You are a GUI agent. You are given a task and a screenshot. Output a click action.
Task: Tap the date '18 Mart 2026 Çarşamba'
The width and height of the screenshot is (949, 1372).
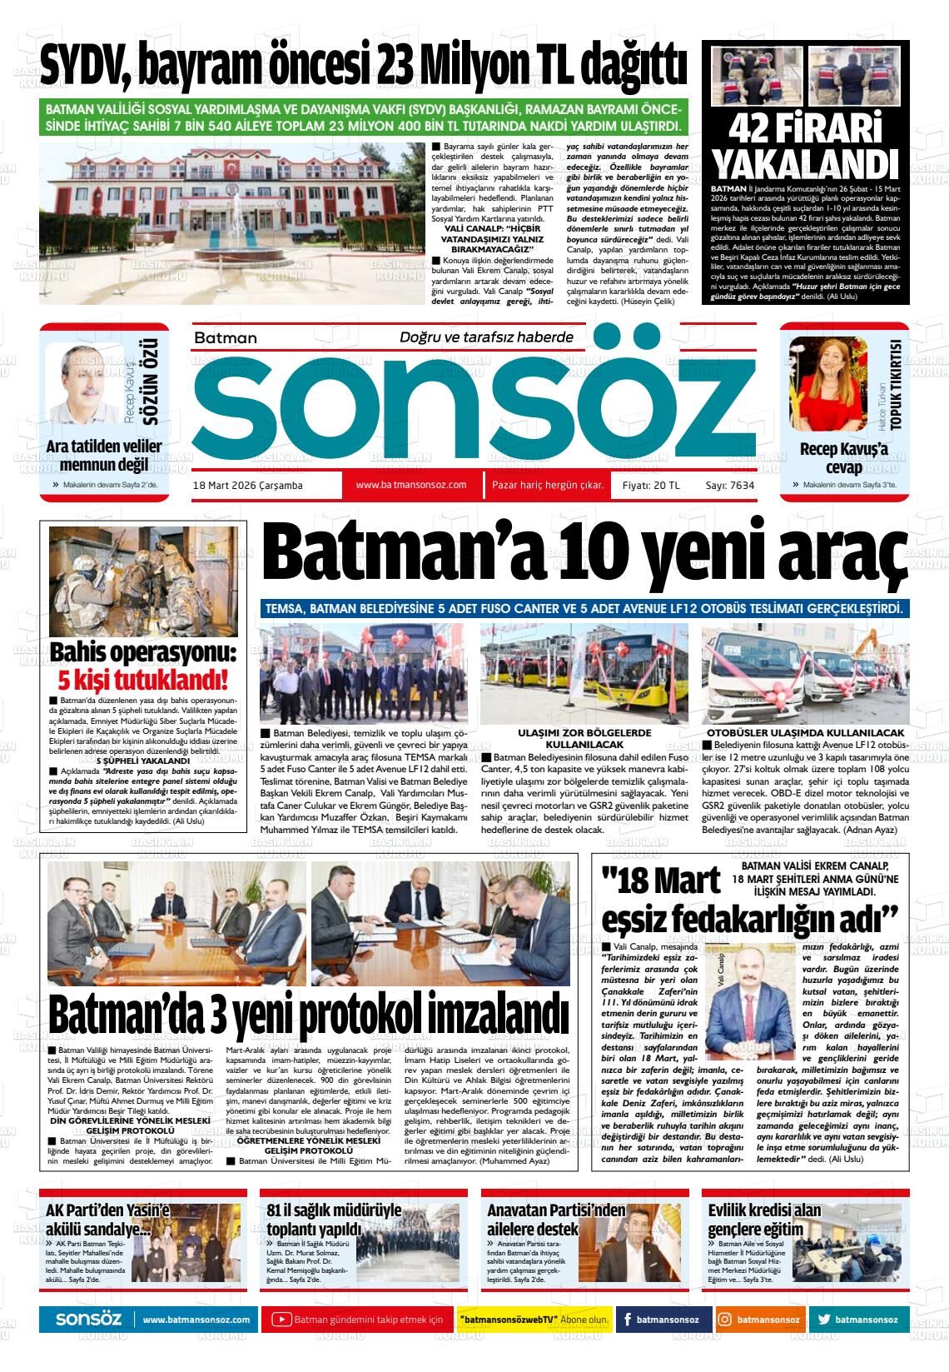(x=247, y=486)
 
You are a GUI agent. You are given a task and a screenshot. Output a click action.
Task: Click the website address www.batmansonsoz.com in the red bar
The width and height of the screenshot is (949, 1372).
(x=410, y=485)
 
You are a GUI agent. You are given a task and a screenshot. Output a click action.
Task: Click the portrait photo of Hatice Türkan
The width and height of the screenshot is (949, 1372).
(x=827, y=381)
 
